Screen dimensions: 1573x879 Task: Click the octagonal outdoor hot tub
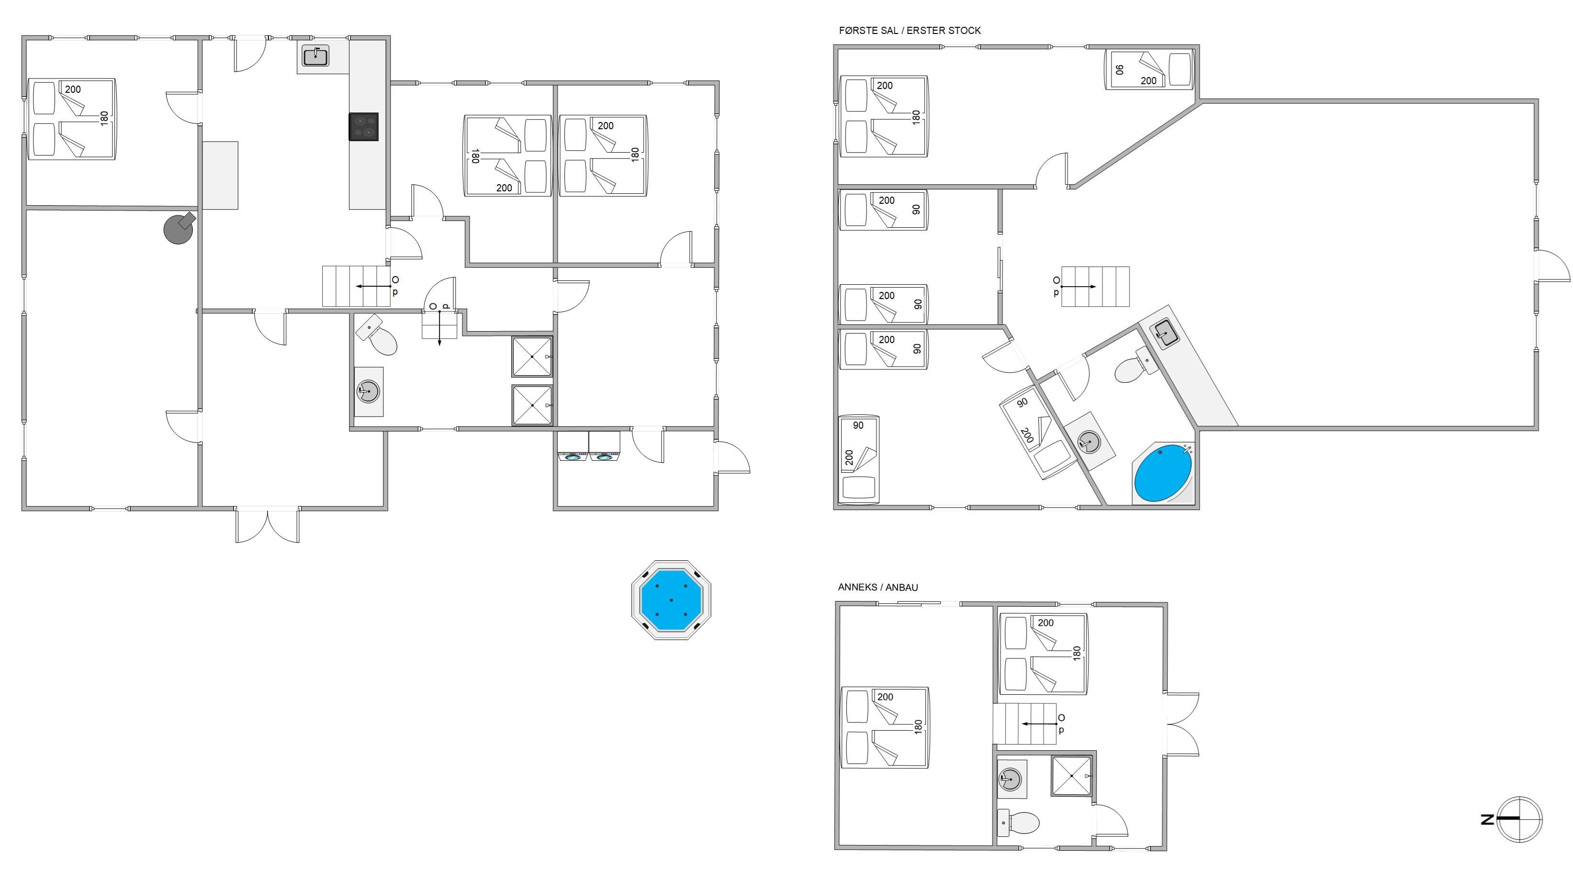point(671,600)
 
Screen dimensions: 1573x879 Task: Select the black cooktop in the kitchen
point(363,127)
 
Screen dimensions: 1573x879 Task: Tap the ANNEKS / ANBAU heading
point(877,587)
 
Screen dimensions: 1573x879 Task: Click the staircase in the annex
point(1024,724)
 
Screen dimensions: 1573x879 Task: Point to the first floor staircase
point(1095,286)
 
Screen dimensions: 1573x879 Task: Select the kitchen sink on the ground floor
point(315,56)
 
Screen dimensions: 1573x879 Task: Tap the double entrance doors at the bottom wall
point(268,525)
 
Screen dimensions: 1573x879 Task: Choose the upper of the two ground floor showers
point(532,356)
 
